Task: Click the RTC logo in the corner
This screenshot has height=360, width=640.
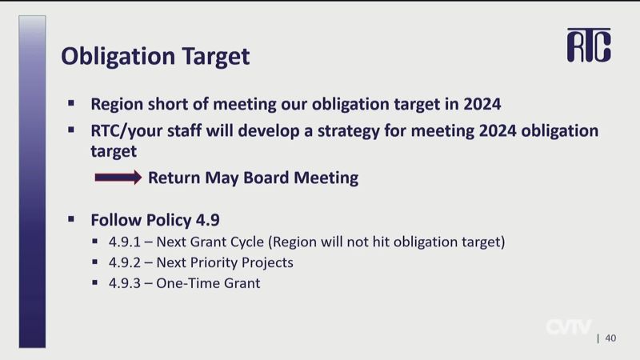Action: [x=589, y=46]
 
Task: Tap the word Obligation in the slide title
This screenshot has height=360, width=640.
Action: [x=118, y=56]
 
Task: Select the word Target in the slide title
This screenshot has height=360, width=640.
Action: [x=215, y=57]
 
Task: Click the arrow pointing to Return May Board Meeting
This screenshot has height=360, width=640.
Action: [x=118, y=178]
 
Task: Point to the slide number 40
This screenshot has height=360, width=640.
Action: [x=610, y=338]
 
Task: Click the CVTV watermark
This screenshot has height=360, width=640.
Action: [x=569, y=326]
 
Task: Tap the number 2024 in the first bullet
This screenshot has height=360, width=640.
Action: [x=482, y=104]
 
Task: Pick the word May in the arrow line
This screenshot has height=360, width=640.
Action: [x=222, y=178]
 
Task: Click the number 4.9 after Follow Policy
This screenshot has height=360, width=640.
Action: [x=208, y=220]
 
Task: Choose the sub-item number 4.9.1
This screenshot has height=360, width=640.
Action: [x=125, y=242]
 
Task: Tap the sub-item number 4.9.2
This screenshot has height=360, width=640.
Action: [x=125, y=262]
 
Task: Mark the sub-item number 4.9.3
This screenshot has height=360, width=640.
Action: [x=125, y=283]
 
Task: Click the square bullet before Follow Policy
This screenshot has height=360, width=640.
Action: [x=71, y=219]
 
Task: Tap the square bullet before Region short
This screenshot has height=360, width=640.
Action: [x=71, y=103]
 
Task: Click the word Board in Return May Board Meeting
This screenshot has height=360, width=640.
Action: [x=266, y=178]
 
